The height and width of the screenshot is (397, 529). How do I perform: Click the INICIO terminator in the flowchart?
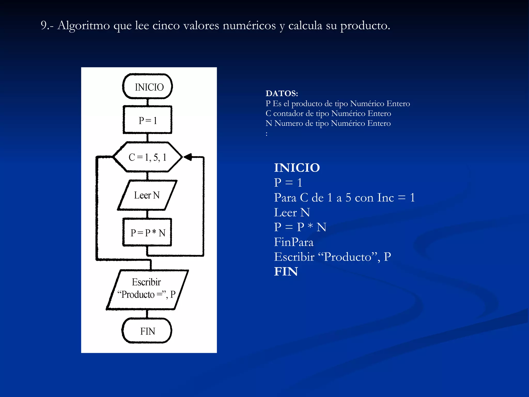pos(147,87)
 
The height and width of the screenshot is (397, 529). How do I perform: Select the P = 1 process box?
pos(147,120)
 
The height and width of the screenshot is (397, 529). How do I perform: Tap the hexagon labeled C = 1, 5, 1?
pos(147,157)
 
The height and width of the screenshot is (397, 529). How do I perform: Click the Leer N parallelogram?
pos(147,195)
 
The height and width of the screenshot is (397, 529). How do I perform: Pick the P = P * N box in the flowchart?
pos(147,232)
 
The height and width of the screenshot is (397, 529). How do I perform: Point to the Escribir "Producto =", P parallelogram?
pos(147,289)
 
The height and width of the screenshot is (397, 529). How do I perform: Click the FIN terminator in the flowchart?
pos(147,331)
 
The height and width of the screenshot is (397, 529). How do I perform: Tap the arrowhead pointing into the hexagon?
pos(188,157)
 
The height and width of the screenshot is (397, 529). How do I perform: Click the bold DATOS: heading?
pos(282,93)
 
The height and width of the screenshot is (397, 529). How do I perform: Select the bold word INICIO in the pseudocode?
pos(297,168)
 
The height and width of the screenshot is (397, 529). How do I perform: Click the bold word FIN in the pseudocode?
pos(286,272)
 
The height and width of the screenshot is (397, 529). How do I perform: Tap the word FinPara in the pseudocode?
pos(294,242)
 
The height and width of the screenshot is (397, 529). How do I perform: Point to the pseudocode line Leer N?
pos(292,212)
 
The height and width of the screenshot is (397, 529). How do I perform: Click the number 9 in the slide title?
pos(44,25)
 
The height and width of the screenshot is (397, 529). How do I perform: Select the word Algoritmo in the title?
pos(84,26)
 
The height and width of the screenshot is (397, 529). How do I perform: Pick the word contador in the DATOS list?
pos(288,113)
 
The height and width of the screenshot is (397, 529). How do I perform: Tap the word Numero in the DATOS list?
pos(289,123)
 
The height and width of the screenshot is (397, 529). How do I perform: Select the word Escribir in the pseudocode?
pos(294,257)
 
